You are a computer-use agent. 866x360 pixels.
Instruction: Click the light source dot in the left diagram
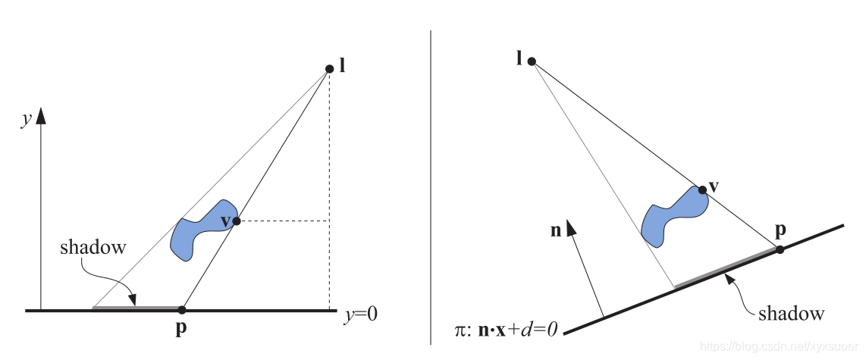coord(329,69)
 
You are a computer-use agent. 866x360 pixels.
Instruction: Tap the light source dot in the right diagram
coord(532,61)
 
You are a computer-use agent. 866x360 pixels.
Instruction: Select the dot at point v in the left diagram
coord(237,221)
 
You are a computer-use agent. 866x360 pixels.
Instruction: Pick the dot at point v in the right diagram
coord(702,190)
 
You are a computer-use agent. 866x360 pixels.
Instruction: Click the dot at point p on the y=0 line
coord(181,309)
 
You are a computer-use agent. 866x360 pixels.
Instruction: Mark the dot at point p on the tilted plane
coord(780,249)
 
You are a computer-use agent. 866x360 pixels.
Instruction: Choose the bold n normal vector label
coord(557,231)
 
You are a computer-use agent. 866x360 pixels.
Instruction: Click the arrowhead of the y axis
coord(42,115)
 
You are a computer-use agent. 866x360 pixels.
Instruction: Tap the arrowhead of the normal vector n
coord(572,226)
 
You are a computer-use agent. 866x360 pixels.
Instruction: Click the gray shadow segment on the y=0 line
coord(136,308)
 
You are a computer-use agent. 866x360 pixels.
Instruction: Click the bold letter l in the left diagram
coord(343,65)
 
